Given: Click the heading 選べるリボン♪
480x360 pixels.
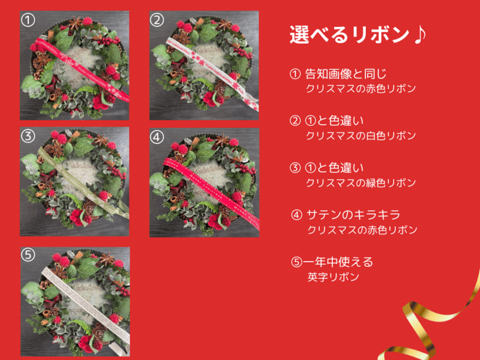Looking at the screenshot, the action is (x=358, y=35).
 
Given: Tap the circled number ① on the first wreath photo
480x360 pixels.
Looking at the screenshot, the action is (x=28, y=20).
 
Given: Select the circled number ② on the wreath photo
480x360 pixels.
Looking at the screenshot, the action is (x=157, y=20).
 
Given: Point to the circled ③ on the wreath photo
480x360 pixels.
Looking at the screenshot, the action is (x=28, y=136).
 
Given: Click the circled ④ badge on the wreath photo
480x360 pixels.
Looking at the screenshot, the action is (x=157, y=137).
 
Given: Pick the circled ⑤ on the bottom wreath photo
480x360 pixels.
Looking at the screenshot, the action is (x=28, y=254).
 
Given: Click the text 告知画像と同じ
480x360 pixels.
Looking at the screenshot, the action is (x=346, y=74).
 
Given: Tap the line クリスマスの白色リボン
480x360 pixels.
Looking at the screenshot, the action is (x=361, y=136).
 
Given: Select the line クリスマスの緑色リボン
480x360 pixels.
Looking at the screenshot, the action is (x=361, y=183).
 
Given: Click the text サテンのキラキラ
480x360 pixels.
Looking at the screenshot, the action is (x=353, y=215).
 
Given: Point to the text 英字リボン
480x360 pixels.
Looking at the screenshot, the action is (x=333, y=277).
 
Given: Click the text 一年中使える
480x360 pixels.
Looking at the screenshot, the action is (x=338, y=262).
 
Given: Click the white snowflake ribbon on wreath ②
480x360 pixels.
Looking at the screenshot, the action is (x=211, y=73).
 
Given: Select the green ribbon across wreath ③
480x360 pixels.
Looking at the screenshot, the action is (x=83, y=182).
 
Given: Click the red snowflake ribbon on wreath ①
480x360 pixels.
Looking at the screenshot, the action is (x=81, y=69).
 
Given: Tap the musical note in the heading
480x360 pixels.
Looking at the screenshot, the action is (x=419, y=34).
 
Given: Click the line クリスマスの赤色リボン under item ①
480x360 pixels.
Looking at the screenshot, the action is (x=361, y=88).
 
